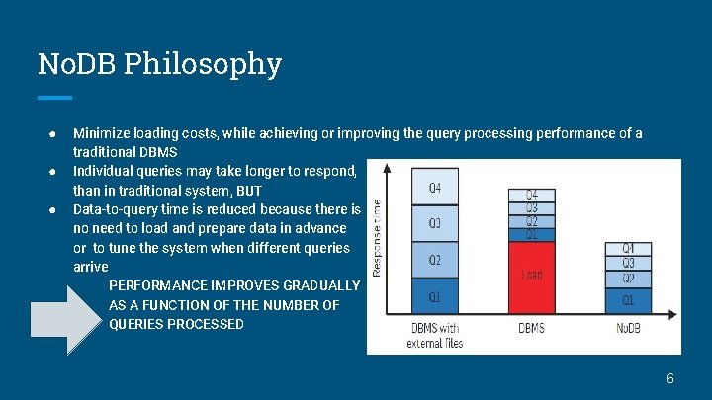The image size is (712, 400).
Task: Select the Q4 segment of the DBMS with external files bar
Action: coord(435,187)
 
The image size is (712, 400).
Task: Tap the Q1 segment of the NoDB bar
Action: coord(628,298)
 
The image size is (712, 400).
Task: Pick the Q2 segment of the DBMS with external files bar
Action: coord(435,261)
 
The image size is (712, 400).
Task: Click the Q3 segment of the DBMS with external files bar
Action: coord(435,223)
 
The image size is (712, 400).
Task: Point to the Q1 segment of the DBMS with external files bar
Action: coord(435,296)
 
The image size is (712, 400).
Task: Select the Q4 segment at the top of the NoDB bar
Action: coord(628,248)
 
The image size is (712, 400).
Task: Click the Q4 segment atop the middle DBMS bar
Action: coord(532,195)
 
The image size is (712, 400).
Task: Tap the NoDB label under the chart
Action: coord(628,328)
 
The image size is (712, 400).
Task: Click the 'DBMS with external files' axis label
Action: coord(434,336)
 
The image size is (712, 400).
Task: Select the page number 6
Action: coord(669,378)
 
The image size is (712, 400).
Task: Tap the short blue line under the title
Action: coord(54,97)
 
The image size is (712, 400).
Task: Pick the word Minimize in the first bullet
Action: coord(105,133)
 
